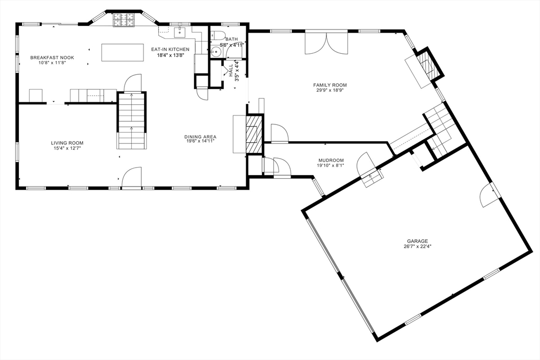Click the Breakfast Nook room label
[52, 58]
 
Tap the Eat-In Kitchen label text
[170, 50]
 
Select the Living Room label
[67, 143]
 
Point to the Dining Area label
[200, 137]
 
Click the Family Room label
[330, 85]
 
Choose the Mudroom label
[331, 160]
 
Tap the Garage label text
[418, 241]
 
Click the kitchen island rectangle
[122, 52]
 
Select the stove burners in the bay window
[123, 20]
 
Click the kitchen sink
[180, 32]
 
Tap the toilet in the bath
[218, 35]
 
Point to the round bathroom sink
[216, 52]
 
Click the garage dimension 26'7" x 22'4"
[418, 247]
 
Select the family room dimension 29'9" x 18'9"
[330, 90]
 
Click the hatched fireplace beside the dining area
[254, 134]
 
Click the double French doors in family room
[326, 43]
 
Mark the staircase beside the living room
[131, 121]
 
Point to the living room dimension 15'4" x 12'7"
[67, 148]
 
